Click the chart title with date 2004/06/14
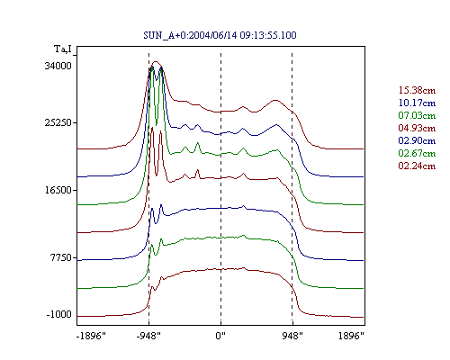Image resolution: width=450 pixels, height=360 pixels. [220, 35]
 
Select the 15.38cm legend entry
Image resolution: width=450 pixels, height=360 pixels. [417, 90]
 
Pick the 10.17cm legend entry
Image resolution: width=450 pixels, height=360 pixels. [417, 103]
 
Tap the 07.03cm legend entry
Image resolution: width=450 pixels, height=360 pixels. [417, 115]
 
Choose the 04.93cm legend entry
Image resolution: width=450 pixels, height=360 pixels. [417, 128]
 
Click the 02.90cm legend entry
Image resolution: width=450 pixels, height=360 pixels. [417, 140]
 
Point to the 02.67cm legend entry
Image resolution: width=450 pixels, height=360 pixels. [417, 153]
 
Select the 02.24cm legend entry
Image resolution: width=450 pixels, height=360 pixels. [417, 166]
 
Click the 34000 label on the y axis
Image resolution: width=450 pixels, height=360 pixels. [58, 66]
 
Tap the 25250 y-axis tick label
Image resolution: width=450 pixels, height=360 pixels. [58, 122]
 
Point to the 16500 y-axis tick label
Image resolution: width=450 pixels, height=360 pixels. [58, 190]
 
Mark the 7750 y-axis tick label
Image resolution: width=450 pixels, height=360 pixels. [61, 257]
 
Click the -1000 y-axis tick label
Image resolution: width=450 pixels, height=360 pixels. [59, 314]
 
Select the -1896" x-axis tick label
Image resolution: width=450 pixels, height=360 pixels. [92, 336]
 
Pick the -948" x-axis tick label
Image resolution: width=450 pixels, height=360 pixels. [148, 336]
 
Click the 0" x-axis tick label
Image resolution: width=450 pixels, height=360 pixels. [220, 336]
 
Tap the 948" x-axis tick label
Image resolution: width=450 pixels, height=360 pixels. [292, 336]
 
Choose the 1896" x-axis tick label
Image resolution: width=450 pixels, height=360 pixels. [351, 336]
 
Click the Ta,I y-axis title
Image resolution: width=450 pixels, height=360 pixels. [63, 49]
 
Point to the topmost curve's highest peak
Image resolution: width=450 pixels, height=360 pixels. [156, 61]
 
